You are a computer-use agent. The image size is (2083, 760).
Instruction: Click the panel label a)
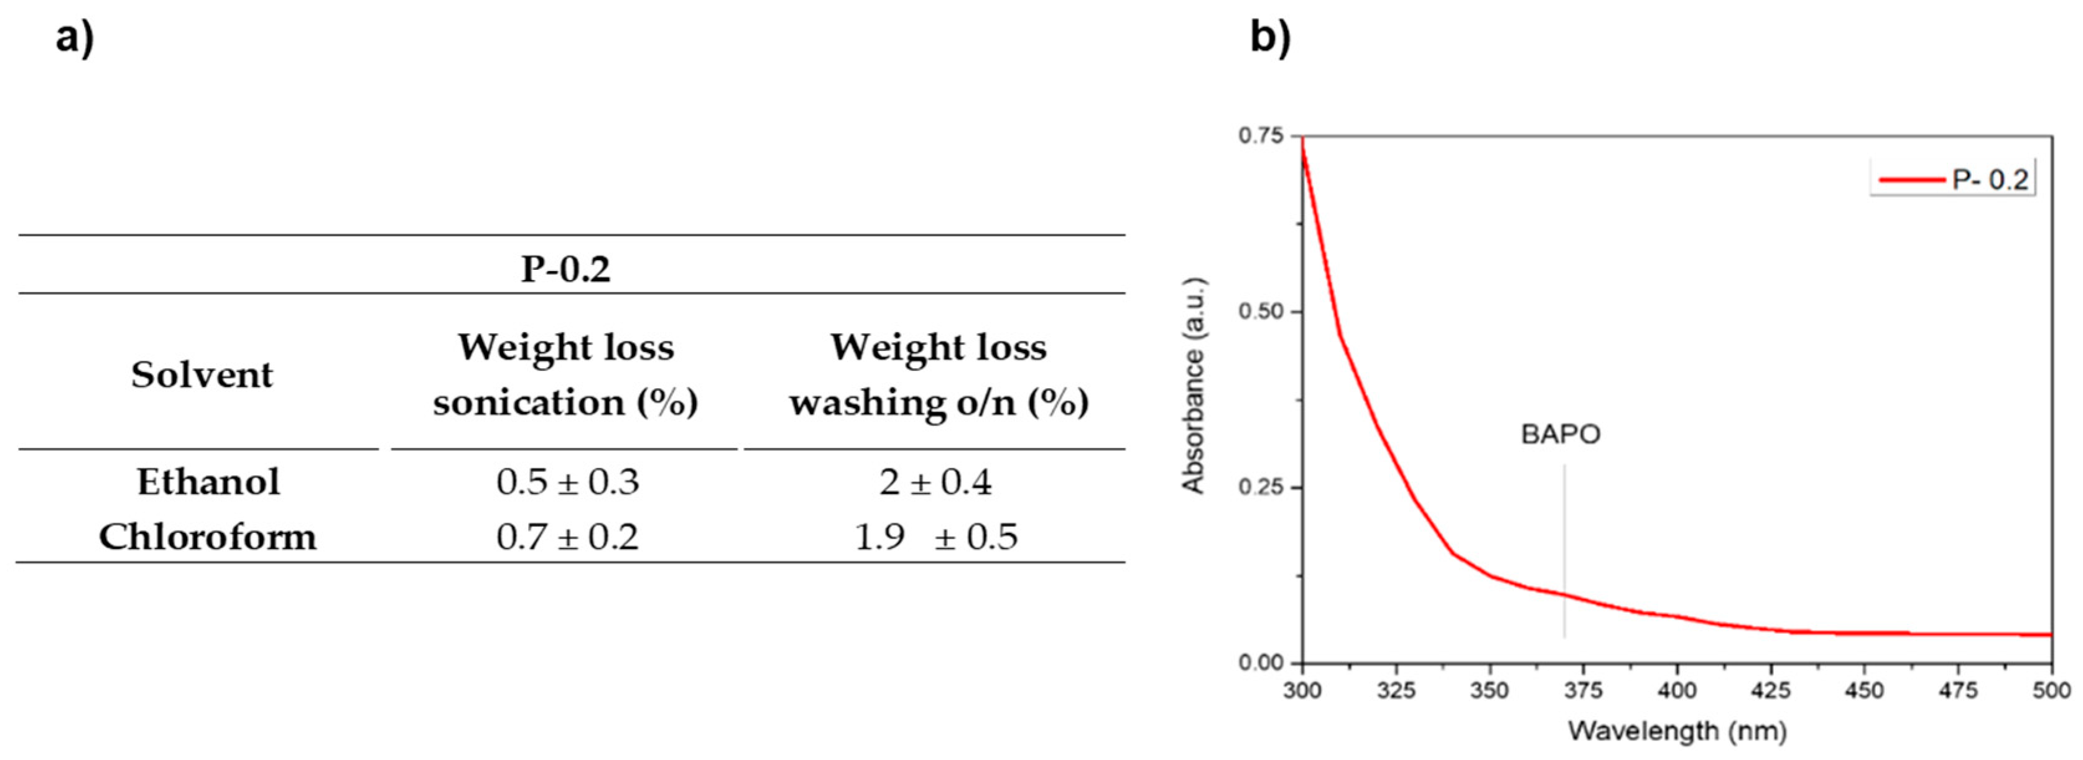(75, 38)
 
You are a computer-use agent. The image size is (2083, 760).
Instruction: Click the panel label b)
(1270, 38)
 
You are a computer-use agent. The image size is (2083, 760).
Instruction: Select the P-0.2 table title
(565, 269)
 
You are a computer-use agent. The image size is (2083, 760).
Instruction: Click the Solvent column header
(202, 374)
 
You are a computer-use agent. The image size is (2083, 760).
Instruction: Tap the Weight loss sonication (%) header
(565, 374)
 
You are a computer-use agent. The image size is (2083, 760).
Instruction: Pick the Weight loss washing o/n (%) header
(939, 374)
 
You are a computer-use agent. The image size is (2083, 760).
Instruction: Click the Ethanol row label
(208, 482)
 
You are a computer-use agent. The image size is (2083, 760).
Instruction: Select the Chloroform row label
(208, 537)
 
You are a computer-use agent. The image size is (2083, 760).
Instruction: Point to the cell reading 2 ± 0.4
(935, 482)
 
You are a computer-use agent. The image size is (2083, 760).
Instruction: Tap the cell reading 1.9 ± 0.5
(935, 537)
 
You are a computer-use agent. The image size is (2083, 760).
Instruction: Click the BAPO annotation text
(1561, 435)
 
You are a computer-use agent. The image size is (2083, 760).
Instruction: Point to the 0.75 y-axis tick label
(1261, 136)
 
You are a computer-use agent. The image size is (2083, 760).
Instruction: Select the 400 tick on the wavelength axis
(1677, 690)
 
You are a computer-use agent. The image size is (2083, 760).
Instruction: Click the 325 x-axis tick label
(1396, 690)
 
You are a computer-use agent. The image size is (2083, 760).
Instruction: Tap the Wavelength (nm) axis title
(1677, 731)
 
